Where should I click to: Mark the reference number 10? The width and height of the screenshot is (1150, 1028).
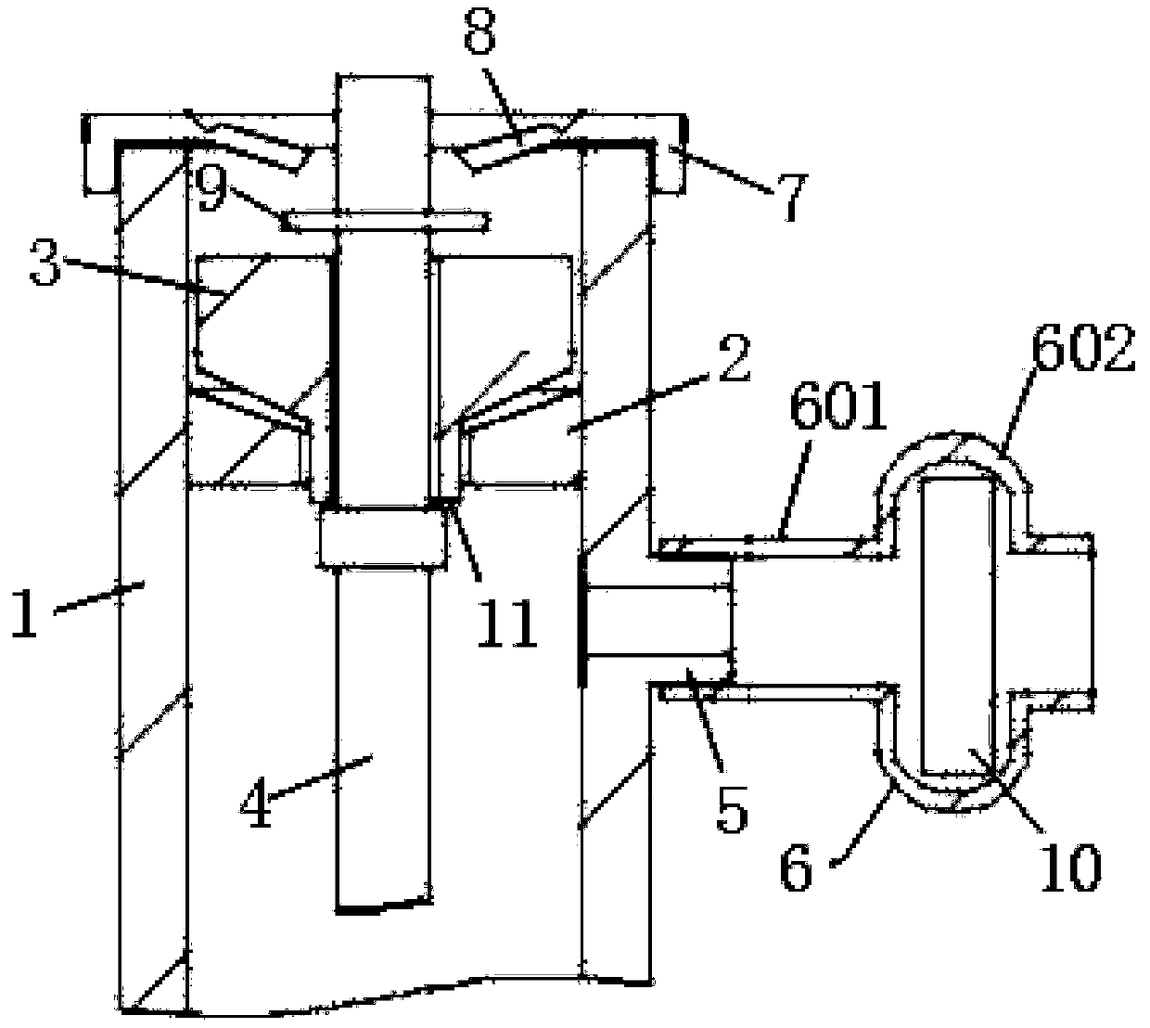click(1069, 864)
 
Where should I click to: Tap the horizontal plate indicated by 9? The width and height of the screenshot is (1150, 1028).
click(386, 221)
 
